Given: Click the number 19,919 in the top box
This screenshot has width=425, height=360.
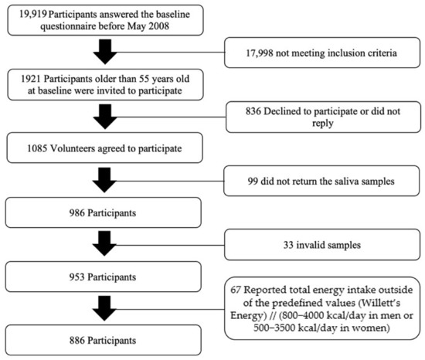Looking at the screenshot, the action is tap(32, 14).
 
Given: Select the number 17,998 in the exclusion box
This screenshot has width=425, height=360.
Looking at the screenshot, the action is tap(260, 53).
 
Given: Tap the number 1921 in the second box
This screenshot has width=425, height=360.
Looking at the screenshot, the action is tap(31, 79).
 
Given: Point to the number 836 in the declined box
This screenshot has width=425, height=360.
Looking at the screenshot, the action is tap(253, 111).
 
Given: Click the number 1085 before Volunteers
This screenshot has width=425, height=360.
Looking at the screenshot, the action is tap(37, 148).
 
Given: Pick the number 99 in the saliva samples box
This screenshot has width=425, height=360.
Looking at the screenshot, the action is tap(253, 182).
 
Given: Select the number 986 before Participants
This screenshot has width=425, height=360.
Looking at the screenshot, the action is tap(77, 213).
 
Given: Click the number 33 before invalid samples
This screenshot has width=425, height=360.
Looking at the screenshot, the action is tap(288, 245).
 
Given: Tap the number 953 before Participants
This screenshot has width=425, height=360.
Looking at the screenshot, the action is tap(77, 277).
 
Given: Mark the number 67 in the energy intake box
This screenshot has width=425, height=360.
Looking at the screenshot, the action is tap(236, 290).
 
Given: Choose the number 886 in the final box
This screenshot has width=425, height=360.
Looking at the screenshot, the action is tap(77, 341).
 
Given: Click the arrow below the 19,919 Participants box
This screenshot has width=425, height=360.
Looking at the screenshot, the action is tap(105, 52).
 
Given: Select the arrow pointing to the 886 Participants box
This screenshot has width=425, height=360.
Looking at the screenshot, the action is tap(104, 308).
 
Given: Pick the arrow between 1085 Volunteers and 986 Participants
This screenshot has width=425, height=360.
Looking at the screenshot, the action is tap(104, 180).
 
